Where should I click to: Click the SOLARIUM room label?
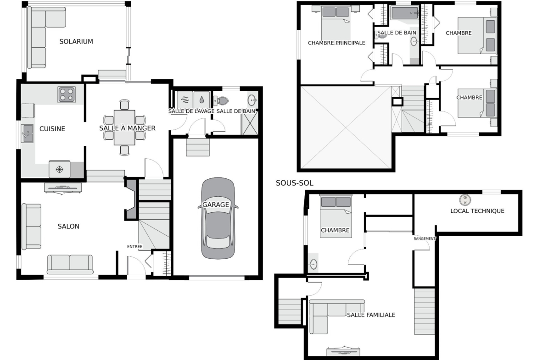[76, 41]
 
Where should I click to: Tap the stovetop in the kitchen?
[67, 95]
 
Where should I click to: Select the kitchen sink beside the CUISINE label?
[28, 133]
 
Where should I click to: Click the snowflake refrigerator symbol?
[60, 169]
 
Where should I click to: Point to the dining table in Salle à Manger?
[124, 127]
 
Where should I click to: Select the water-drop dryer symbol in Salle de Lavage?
[201, 100]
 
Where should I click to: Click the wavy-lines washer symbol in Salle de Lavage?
[185, 100]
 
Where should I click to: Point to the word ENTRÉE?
[134, 246]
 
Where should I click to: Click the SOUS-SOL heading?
[295, 183]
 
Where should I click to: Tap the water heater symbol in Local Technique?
[465, 200]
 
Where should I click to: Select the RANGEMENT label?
[425, 238]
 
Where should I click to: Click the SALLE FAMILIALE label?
[371, 315]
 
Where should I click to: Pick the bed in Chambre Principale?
[336, 23]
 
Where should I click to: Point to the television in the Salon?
[63, 188]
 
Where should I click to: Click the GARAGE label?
[215, 205]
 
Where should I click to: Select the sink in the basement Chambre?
[313, 264]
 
